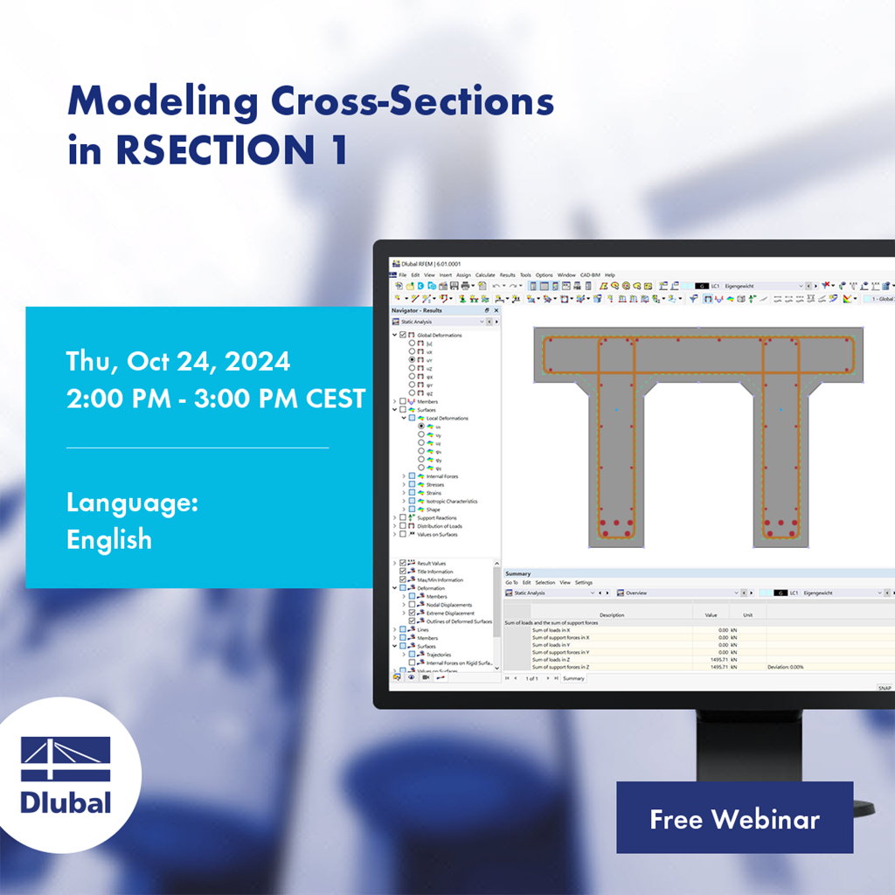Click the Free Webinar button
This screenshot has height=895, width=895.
[x=734, y=818]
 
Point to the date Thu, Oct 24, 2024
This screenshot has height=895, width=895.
[x=178, y=361]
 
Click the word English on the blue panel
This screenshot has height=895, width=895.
[x=109, y=539]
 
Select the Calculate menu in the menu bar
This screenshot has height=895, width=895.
[x=485, y=274]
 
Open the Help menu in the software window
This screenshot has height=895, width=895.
[x=610, y=274]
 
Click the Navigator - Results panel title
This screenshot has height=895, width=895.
[x=418, y=310]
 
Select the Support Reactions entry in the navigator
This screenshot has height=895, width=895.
[x=436, y=517]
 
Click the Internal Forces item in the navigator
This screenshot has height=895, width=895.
[x=441, y=476]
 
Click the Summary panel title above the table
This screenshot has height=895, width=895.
[x=517, y=573]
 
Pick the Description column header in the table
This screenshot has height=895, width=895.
[x=612, y=614]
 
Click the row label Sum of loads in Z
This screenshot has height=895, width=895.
[x=560, y=659]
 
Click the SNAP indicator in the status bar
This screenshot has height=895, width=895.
[x=885, y=688]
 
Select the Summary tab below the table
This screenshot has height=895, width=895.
[x=573, y=678]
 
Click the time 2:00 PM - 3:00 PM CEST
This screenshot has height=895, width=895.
[x=216, y=399]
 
